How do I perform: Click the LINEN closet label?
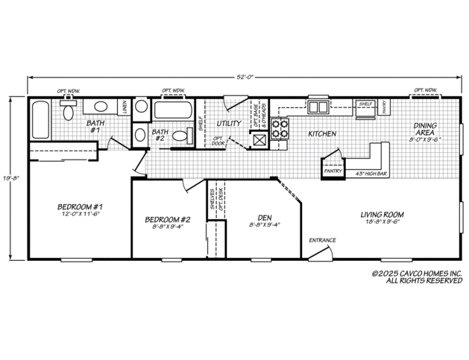tap(124, 110)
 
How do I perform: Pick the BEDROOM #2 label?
tap(168, 219)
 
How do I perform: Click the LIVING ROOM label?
tap(372, 212)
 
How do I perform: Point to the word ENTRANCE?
tap(323, 240)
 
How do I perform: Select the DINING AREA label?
tap(426, 129)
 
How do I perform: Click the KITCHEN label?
tap(322, 133)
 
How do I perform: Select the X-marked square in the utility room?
tap(257, 139)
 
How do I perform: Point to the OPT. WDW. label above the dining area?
tap(426, 92)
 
